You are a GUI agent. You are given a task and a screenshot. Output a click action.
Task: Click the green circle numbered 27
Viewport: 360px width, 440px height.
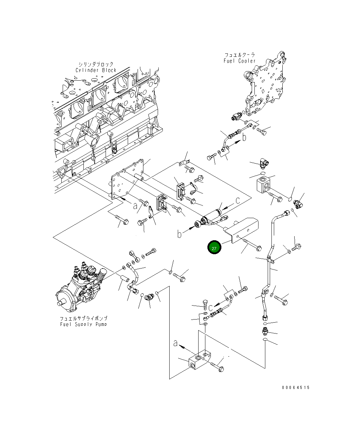click(x=214, y=247)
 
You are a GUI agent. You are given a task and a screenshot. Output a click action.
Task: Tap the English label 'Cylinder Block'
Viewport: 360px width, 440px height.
click(x=96, y=70)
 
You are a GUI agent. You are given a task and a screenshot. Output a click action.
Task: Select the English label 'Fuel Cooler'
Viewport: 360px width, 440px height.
click(x=239, y=61)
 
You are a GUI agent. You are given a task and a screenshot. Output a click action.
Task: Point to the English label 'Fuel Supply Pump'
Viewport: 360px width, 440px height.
click(x=83, y=324)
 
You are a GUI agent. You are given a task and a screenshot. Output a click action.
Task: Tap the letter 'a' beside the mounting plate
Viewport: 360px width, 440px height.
click(x=135, y=206)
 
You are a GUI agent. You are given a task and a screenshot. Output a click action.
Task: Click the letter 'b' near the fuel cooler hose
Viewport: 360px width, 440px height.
click(x=244, y=137)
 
